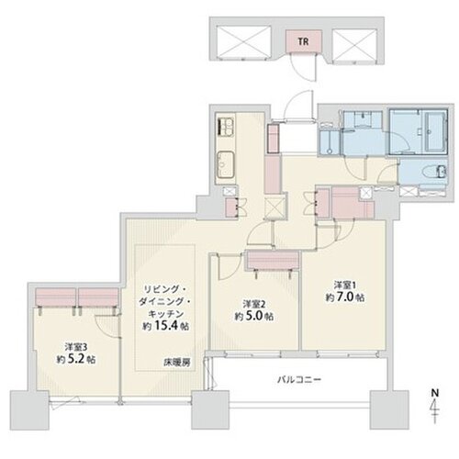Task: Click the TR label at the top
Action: point(303,41)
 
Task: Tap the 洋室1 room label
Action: point(345,285)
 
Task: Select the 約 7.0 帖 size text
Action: point(345,297)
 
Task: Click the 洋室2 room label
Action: point(254,304)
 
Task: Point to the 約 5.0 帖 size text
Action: point(254,316)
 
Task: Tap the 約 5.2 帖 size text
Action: point(76,359)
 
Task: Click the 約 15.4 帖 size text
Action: point(165,326)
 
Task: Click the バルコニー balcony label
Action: point(299,380)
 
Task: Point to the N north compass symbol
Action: point(434,406)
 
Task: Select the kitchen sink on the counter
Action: point(226,165)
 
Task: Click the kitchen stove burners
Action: point(226,127)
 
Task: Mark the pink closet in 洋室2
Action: point(273,260)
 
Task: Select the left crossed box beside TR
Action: point(244,41)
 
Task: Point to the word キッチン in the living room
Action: point(165,314)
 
